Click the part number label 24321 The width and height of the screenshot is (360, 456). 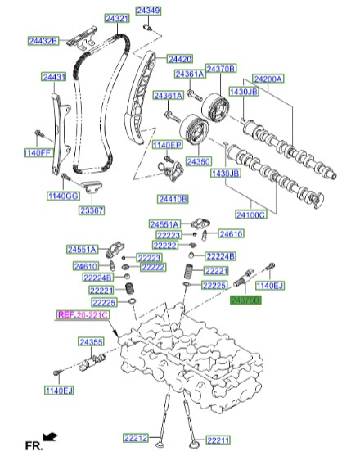116,18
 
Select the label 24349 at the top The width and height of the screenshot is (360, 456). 149,11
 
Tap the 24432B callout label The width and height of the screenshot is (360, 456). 43,40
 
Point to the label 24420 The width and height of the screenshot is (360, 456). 180,59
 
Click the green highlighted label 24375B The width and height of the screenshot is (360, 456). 245,300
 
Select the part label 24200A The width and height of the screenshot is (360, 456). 268,79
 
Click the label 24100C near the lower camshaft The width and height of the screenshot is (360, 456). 251,214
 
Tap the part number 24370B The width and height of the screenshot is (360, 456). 220,68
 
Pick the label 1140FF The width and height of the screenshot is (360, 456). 37,153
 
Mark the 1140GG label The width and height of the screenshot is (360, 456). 61,196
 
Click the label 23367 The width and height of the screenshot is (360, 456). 91,210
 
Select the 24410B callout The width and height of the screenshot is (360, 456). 173,199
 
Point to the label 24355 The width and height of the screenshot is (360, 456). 91,341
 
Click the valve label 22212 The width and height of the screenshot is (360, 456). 137,440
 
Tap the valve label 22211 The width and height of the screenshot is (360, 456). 218,440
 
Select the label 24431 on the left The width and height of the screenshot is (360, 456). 54,76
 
